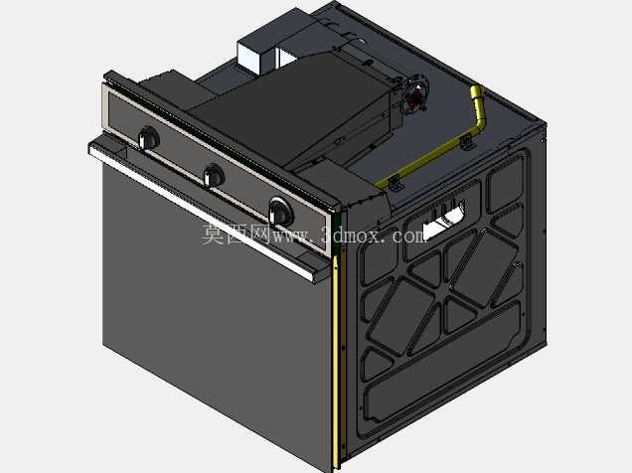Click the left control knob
(x=149, y=138)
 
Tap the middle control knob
(x=214, y=176)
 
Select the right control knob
(x=280, y=211)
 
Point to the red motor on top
(x=416, y=97)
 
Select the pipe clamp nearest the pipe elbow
(x=467, y=143)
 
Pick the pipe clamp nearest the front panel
(x=395, y=183)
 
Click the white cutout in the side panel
(x=443, y=221)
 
